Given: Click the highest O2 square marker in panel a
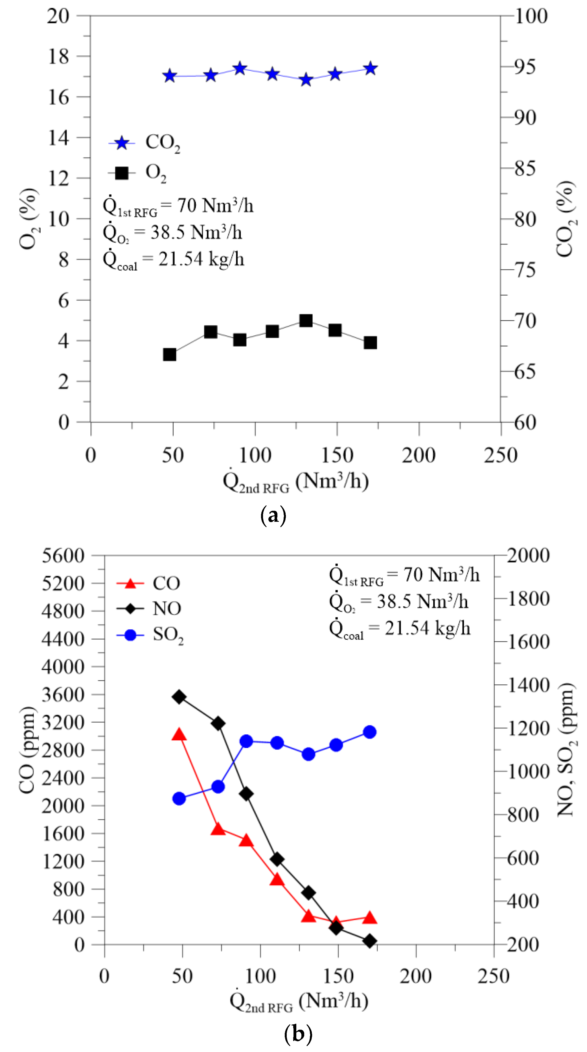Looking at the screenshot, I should (306, 320).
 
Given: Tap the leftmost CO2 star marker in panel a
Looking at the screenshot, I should (169, 76).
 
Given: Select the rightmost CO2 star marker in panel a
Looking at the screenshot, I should (370, 68).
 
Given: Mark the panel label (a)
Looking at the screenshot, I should (273, 515).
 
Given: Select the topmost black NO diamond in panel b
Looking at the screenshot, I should (179, 697).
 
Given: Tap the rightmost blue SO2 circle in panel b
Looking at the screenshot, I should (369, 732).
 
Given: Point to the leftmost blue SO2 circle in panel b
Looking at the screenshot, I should (179, 799).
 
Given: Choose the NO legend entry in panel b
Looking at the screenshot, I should (149, 608).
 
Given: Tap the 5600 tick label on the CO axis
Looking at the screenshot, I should (63, 556).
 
